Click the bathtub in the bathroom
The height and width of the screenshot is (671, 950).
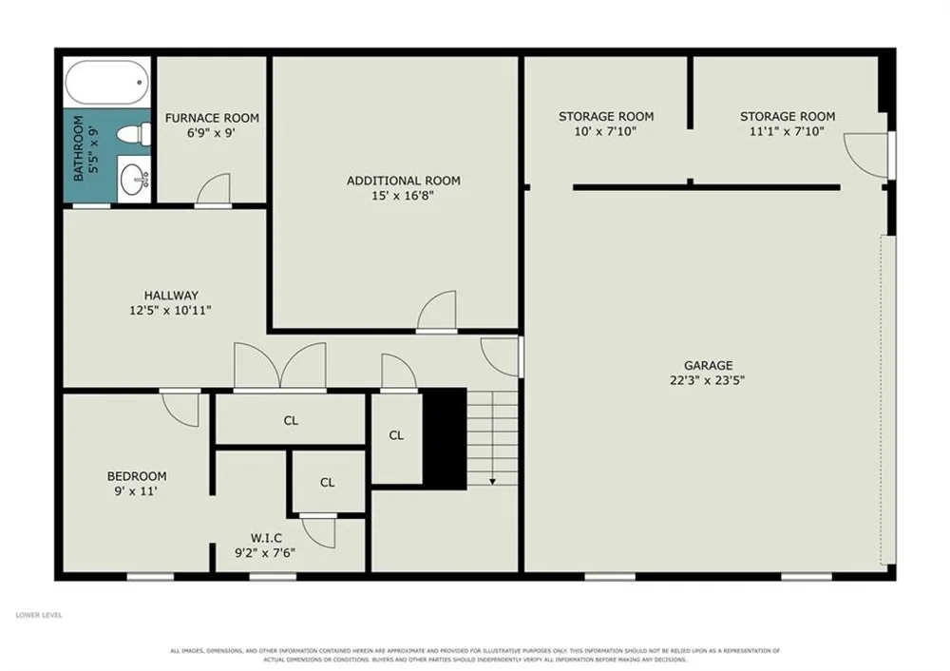[106, 83]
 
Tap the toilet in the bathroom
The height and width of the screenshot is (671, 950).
[134, 133]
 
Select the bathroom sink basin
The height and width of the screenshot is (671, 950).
[133, 180]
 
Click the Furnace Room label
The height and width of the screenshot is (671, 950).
[212, 118]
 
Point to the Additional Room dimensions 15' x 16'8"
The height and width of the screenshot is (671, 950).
[403, 195]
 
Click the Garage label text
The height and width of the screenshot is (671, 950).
[709, 365]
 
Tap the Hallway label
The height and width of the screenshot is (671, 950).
[171, 296]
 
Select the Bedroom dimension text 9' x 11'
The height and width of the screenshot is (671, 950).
[136, 491]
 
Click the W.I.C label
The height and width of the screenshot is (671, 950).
[266, 538]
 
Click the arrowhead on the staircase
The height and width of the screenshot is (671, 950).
[492, 481]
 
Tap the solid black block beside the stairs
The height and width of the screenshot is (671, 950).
[444, 439]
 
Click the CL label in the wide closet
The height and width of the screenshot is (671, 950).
[291, 420]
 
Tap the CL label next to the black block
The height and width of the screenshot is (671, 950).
[396, 435]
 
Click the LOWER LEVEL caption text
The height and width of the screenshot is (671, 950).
[39, 615]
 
